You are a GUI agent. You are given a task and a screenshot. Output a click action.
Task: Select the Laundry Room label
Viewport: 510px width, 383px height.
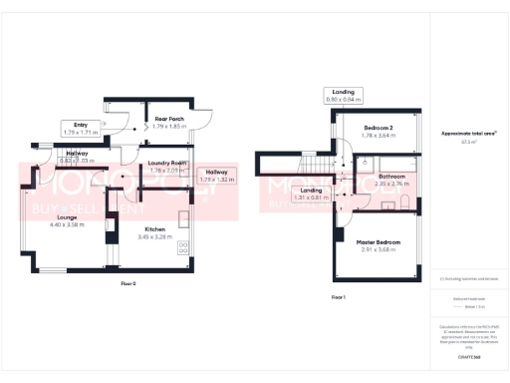point(167,163)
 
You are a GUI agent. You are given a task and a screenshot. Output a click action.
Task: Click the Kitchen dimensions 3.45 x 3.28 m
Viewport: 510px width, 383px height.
point(154,236)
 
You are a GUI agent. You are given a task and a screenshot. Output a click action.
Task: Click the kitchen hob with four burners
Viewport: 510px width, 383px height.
point(184,245)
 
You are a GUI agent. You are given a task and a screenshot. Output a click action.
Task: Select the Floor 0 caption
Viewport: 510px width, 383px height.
point(127,284)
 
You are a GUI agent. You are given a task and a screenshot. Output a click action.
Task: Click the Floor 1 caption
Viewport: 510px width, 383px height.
point(338,297)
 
